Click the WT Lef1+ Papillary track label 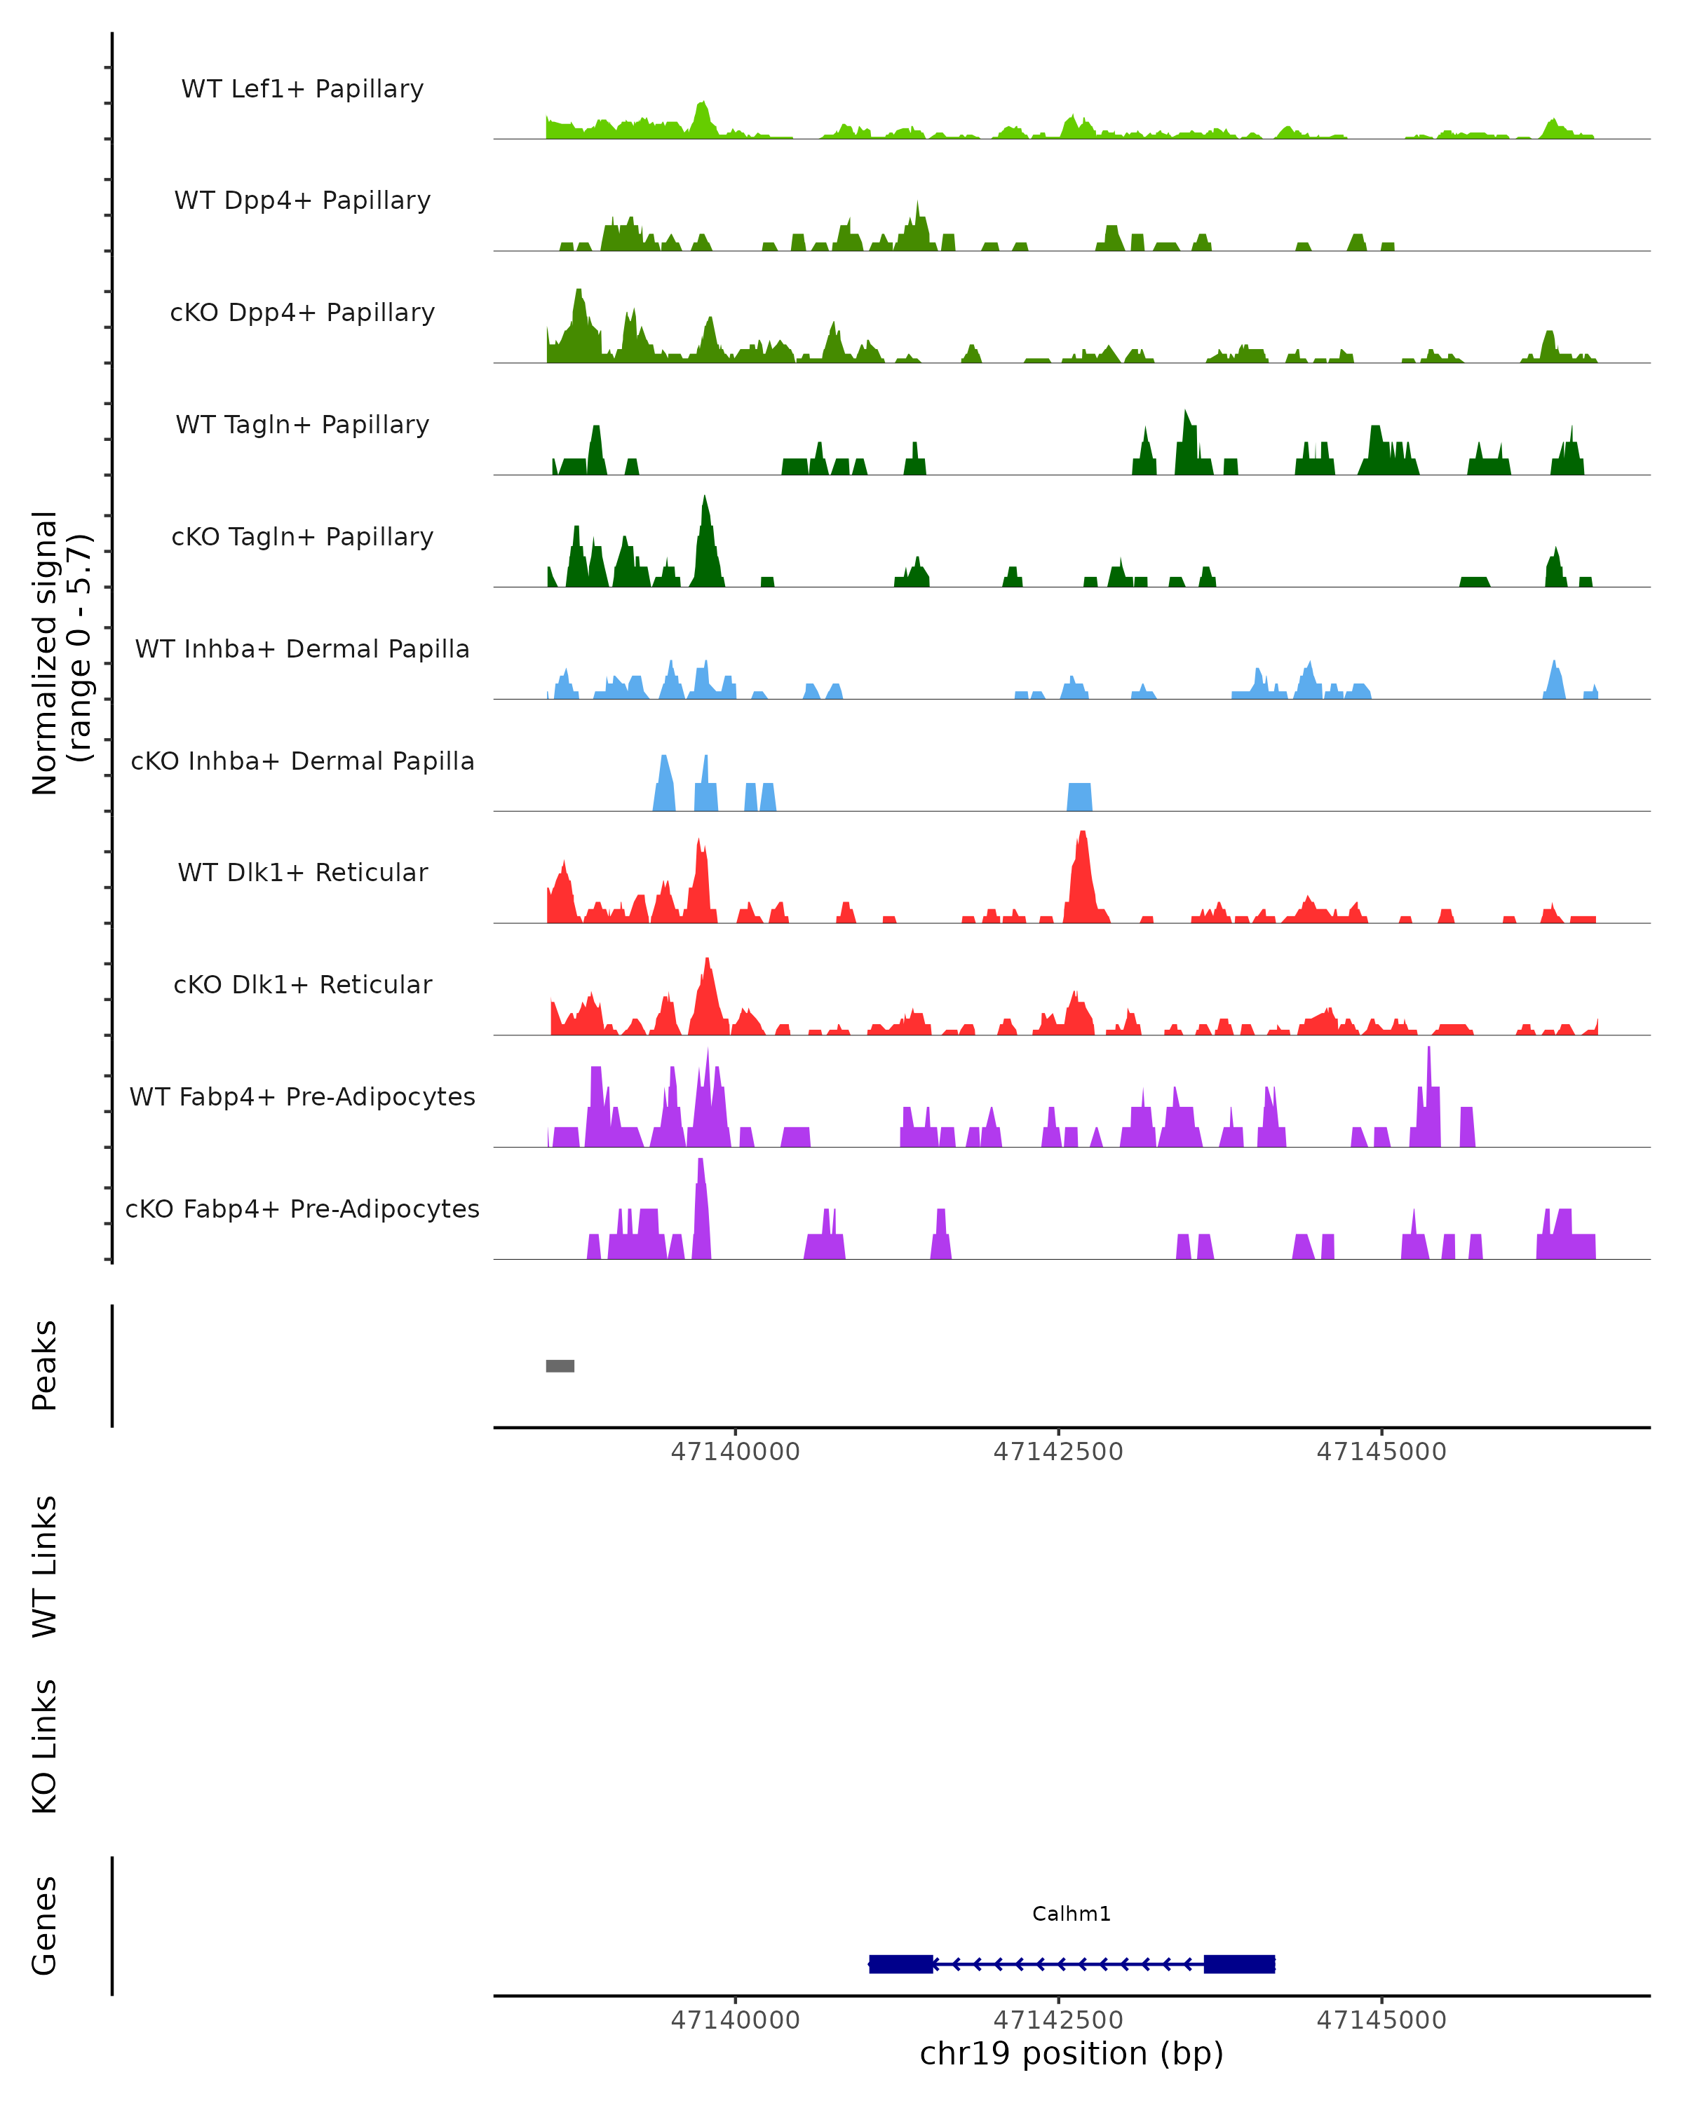(x=302, y=89)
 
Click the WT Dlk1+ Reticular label (x=302, y=872)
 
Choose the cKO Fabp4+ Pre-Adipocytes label (x=302, y=1209)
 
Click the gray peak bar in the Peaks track (x=560, y=1366)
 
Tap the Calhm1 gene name (x=1072, y=1914)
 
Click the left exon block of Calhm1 (x=900, y=1964)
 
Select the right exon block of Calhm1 (x=1239, y=1964)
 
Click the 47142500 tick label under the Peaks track (x=1059, y=1452)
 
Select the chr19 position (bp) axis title (x=1072, y=2053)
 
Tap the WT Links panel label (x=45, y=1567)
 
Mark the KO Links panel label (x=45, y=1747)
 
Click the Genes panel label (x=45, y=1926)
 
